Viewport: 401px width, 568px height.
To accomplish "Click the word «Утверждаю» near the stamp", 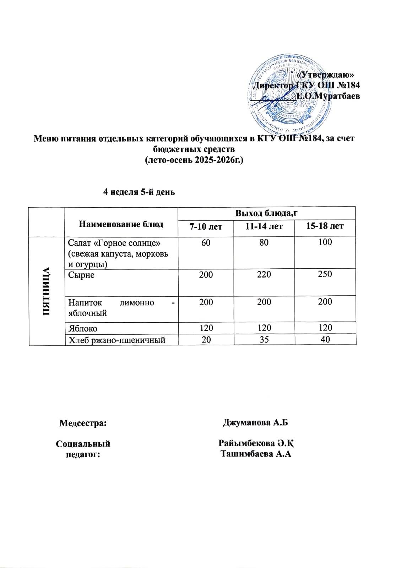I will coord(325,75).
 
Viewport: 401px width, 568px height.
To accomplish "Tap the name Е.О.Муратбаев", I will coord(328,96).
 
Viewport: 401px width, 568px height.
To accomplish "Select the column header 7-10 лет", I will coord(206,226).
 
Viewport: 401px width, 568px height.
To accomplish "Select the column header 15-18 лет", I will coord(325,226).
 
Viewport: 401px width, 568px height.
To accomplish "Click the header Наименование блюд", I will coord(121,224).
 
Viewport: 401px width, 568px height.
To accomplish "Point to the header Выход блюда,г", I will coord(266,213).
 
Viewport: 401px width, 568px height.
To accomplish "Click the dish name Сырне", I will coord(81,275).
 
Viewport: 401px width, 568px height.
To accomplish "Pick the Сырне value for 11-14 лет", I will coord(264,274).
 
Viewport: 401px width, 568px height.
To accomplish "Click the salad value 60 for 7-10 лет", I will coord(206,242).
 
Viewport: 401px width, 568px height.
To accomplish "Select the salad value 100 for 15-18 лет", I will coord(325,242).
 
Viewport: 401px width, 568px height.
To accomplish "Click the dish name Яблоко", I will coord(83,328).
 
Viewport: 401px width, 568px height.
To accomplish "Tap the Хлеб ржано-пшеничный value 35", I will coord(264,339).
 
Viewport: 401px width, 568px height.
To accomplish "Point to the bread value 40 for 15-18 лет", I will coord(325,339).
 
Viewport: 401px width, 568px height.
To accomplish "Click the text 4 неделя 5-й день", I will coord(139,192).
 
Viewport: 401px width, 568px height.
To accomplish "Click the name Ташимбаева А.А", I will coord(256,453).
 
